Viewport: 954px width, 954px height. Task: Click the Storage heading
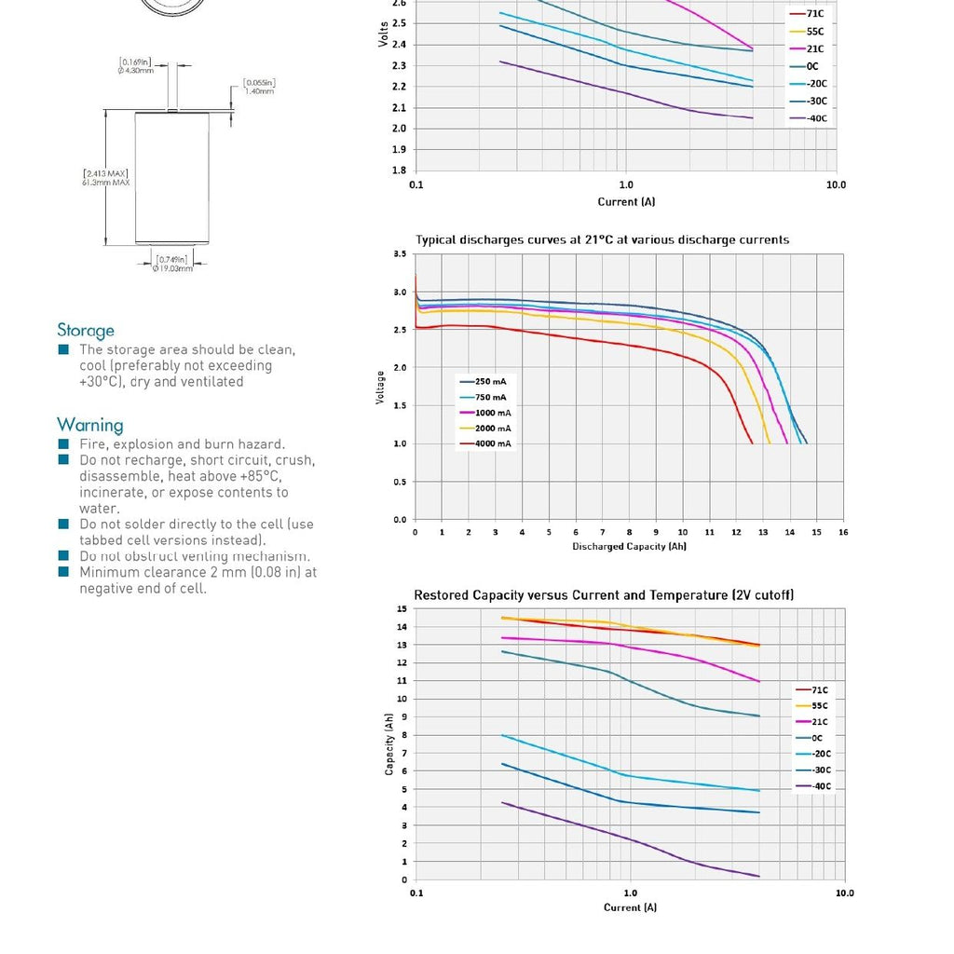pyautogui.click(x=86, y=330)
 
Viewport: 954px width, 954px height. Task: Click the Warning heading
pyautogui.click(x=90, y=425)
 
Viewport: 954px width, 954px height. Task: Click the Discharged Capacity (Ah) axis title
pyautogui.click(x=629, y=546)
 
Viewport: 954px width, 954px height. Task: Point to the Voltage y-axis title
pyautogui.click(x=380, y=387)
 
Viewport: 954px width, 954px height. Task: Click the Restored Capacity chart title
pyautogui.click(x=604, y=594)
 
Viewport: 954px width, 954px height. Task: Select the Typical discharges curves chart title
pyautogui.click(x=602, y=239)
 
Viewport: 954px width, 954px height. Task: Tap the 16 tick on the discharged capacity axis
pyautogui.click(x=843, y=532)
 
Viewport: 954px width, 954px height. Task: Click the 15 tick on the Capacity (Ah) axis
pyautogui.click(x=402, y=608)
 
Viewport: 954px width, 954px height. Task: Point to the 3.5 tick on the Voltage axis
pyautogui.click(x=400, y=253)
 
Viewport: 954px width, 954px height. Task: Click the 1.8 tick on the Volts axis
pyautogui.click(x=399, y=170)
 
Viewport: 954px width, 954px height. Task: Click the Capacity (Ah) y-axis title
pyautogui.click(x=389, y=744)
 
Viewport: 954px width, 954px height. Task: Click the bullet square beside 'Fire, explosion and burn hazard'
pyautogui.click(x=63, y=444)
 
